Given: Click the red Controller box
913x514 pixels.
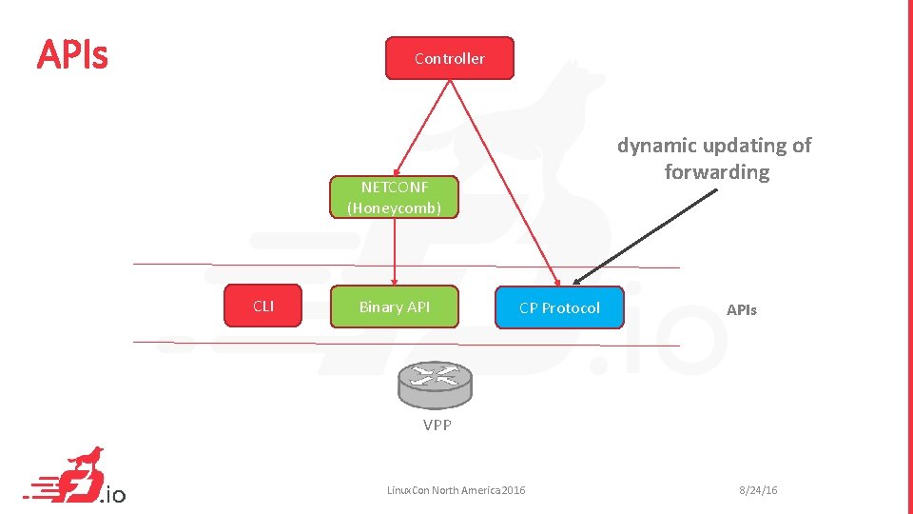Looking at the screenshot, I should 449,58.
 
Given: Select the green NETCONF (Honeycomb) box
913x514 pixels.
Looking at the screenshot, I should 394,197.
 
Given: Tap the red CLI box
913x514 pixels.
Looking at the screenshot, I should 263,306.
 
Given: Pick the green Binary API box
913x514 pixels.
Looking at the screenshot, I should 394,306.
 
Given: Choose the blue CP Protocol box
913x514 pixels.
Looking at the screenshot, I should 559,307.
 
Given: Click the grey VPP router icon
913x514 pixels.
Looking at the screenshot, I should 435,383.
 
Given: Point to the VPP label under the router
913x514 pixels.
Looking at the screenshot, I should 437,425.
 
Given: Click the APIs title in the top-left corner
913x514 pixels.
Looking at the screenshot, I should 72,56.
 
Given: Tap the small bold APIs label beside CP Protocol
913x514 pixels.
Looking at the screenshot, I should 742,309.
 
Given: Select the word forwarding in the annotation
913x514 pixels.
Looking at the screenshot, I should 717,172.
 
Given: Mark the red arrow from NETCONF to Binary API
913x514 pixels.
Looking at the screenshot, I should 395,252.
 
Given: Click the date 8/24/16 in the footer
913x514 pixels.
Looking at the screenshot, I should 758,490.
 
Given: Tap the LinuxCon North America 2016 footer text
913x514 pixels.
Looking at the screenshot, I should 456,490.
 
